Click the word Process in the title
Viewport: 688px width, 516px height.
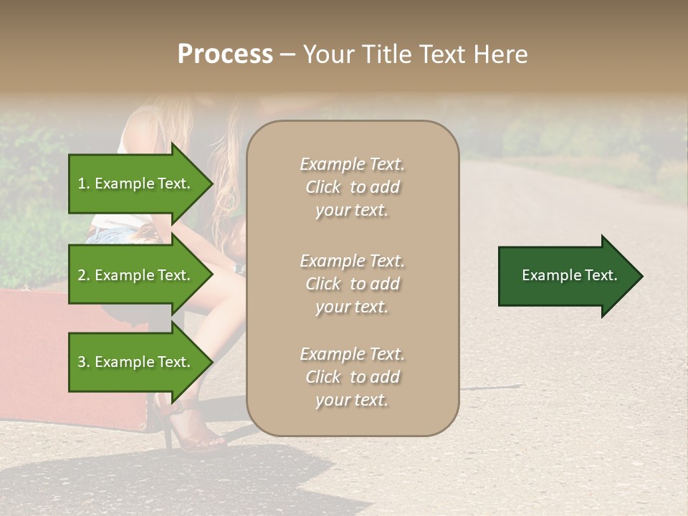225,54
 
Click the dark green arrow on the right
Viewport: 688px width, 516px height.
566,276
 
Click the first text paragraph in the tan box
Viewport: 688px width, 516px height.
352,187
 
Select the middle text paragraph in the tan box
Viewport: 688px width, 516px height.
352,283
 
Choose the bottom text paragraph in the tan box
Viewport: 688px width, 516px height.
352,377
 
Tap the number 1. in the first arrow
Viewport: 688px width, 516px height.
84,183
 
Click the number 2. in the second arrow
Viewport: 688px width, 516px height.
84,275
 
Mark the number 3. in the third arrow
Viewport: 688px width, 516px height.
84,362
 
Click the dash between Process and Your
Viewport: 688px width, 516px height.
287,55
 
